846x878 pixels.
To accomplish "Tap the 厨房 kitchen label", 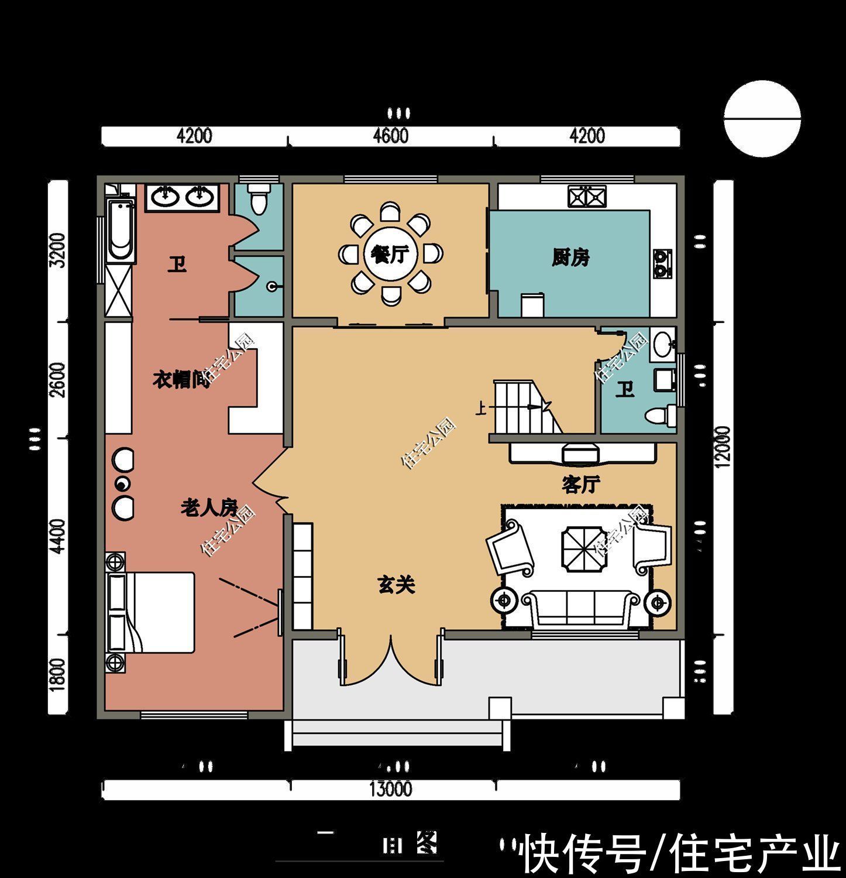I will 570,258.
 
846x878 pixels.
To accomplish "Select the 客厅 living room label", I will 580,485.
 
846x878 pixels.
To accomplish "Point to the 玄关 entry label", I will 396,585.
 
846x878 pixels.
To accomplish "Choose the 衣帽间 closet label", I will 181,380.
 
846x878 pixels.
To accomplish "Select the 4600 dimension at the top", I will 390,136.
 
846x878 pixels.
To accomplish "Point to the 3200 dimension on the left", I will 57,250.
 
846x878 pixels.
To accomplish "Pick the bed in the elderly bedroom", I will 150,612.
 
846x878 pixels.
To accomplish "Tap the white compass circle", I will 762,119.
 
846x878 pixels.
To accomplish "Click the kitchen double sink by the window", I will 586,196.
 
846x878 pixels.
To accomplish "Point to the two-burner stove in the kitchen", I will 662,263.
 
